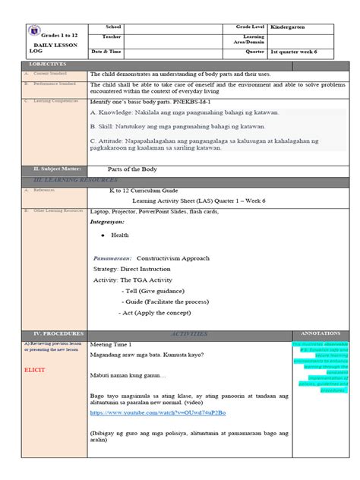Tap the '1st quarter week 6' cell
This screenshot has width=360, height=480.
coord(299,51)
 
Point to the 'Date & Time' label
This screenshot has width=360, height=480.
coord(106,51)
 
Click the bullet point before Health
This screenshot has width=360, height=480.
coord(102,235)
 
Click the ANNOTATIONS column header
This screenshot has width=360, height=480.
coord(321,333)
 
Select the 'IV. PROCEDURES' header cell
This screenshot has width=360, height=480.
coord(41,333)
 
